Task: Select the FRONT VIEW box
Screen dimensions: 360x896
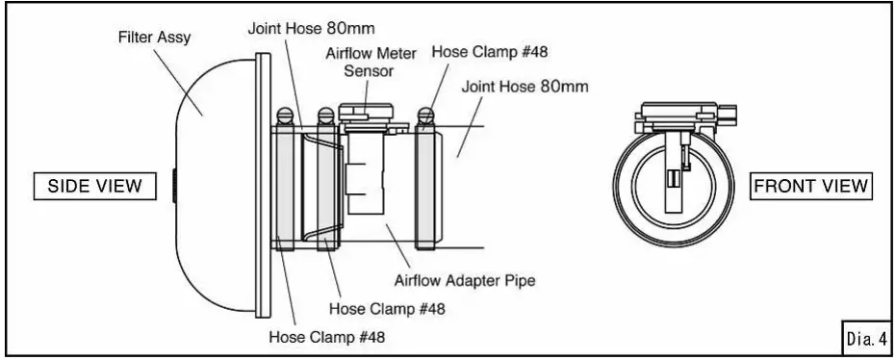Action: pos(812,186)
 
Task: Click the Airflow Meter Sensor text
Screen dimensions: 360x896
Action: pos(366,62)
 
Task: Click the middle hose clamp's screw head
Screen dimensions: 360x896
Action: pos(327,118)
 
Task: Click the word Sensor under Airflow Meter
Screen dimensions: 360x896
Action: pos(366,70)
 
